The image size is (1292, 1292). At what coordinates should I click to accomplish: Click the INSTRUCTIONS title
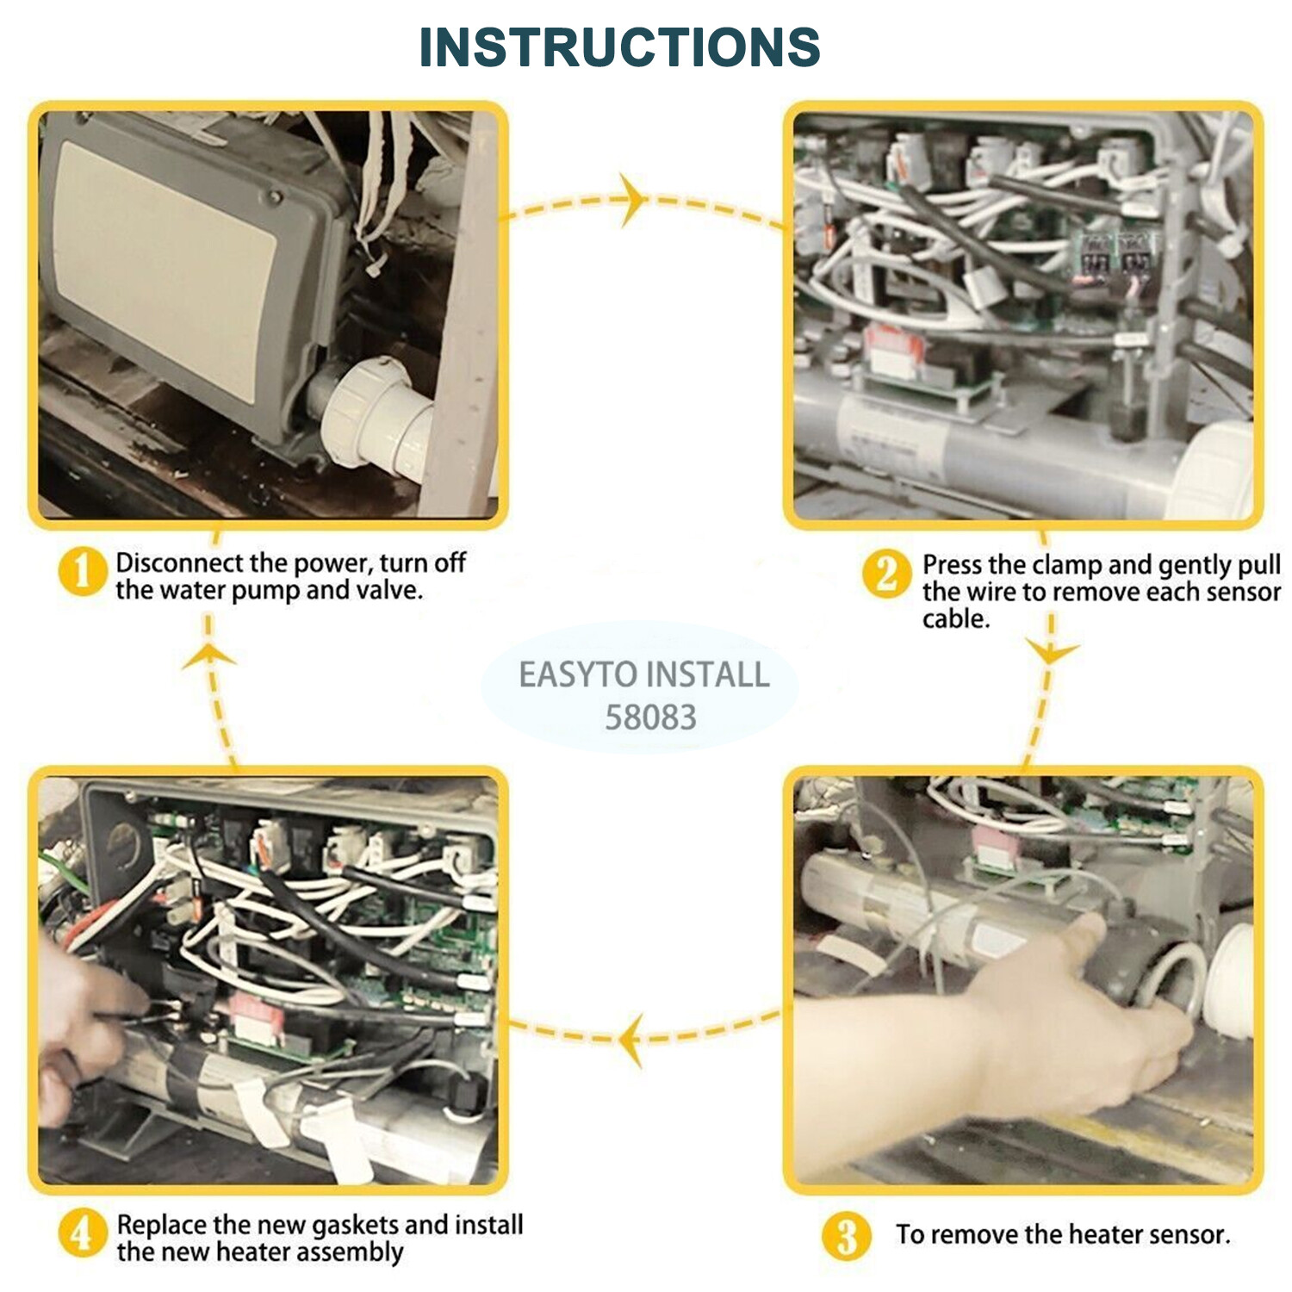pos(619,47)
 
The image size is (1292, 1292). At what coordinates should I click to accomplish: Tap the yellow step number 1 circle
pos(82,572)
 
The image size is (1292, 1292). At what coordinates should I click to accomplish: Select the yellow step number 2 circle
pos(886,575)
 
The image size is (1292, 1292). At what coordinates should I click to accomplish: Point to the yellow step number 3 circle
pos(847,1236)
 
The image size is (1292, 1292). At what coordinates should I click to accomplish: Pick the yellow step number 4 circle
pos(82,1233)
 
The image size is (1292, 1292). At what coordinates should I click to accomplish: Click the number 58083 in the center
pos(650,717)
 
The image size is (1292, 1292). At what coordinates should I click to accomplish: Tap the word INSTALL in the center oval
pos(707,674)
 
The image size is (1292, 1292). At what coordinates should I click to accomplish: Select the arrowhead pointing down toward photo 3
pos(1052,652)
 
